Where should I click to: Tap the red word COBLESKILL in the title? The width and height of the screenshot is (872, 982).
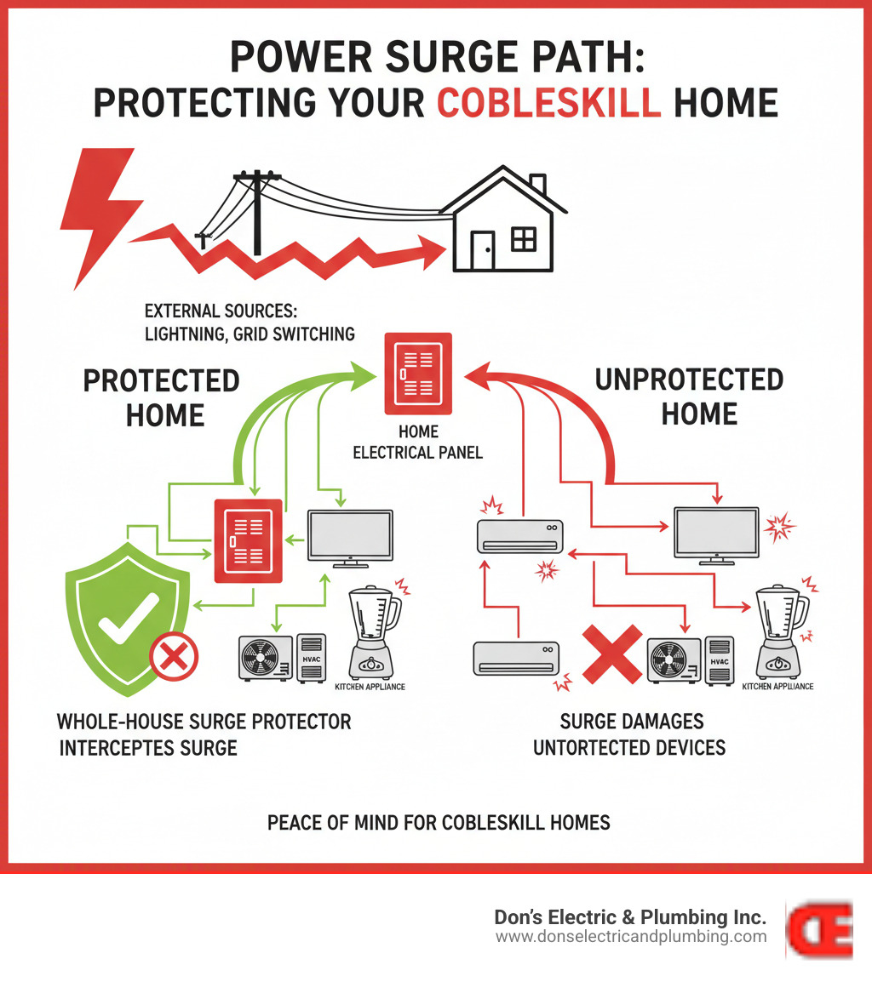click(x=549, y=103)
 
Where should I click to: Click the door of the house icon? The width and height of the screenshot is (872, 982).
click(x=483, y=248)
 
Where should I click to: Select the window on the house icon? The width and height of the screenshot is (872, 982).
click(x=523, y=240)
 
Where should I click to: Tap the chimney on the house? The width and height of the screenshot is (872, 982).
click(x=536, y=183)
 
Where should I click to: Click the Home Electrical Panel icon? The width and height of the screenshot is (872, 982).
click(x=417, y=372)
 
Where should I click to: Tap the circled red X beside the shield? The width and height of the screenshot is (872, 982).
click(x=174, y=657)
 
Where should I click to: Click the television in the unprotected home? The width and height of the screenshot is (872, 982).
click(x=715, y=534)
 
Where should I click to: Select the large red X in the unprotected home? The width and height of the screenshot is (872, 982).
click(x=611, y=653)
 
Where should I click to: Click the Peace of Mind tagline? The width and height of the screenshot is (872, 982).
click(x=439, y=823)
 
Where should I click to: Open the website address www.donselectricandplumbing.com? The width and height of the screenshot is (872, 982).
click(x=631, y=937)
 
